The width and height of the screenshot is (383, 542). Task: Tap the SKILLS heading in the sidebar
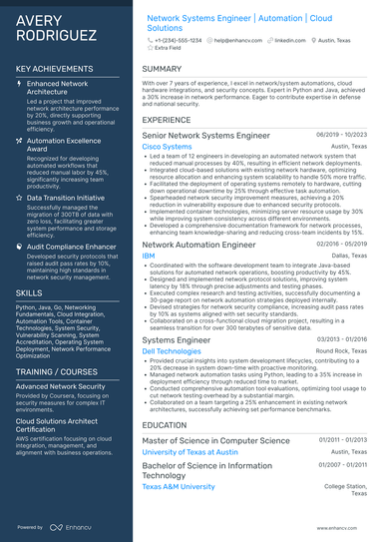point(29,292)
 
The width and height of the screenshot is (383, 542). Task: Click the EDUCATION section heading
point(165,424)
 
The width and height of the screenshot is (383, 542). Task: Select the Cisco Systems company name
point(167,147)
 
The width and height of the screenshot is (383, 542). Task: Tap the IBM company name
point(149,256)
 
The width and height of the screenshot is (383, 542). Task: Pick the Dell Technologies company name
point(172,351)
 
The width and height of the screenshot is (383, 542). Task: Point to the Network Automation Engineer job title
point(199,244)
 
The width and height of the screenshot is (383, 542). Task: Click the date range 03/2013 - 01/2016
point(342,339)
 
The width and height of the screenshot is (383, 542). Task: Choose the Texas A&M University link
point(179,486)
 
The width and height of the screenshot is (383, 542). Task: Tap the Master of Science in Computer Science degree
point(215,440)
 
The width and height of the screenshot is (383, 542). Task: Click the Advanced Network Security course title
point(61,385)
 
